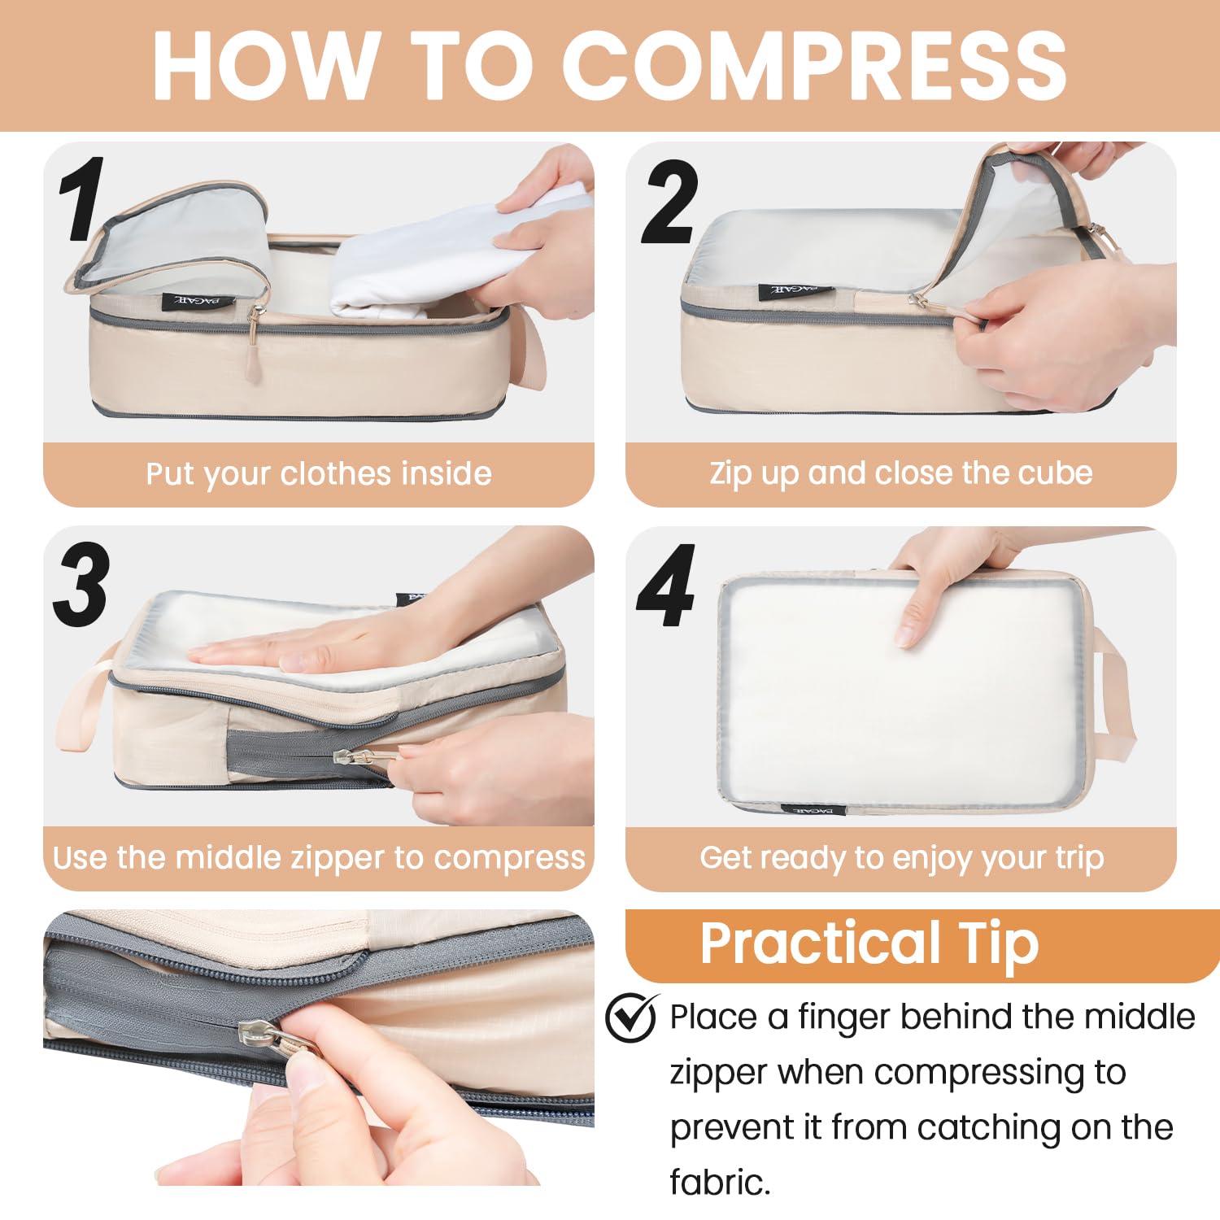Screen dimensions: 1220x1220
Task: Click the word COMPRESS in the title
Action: point(813,65)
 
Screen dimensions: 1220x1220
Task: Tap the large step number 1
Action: point(81,199)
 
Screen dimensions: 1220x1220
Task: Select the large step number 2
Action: point(669,203)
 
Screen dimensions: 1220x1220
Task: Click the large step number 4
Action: point(666,586)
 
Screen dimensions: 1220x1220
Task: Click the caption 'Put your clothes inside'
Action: point(318,473)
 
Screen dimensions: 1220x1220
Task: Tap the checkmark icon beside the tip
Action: point(631,1017)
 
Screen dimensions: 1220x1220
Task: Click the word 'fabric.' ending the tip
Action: point(719,1182)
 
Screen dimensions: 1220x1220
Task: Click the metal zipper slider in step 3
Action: point(358,756)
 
